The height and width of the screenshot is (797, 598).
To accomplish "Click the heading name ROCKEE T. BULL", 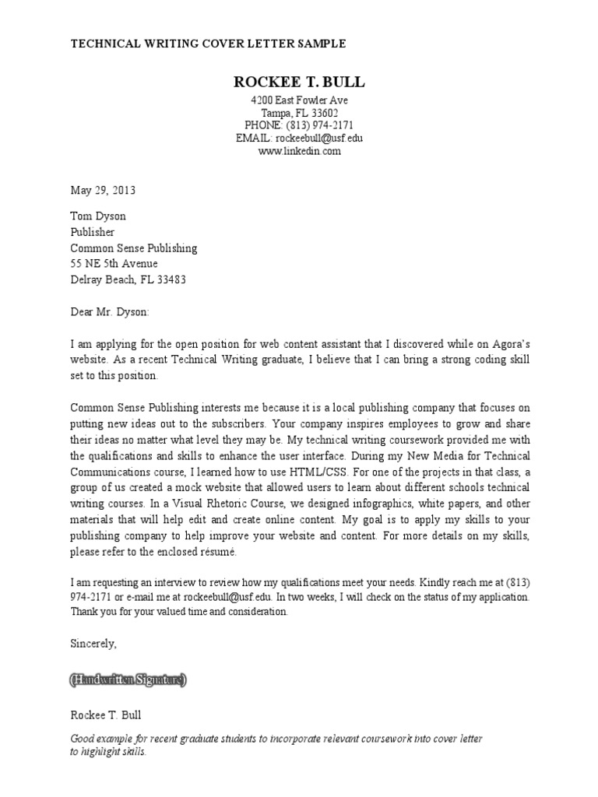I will [x=299, y=83].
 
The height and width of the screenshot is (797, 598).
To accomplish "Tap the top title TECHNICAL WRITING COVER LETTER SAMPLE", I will [x=209, y=44].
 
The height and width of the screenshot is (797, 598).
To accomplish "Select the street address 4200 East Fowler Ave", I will [x=299, y=100].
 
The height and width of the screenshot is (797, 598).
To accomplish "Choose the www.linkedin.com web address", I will [x=299, y=151].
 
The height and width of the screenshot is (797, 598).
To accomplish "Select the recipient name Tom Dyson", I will [x=98, y=216].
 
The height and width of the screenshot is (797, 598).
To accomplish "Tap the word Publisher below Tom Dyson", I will [x=93, y=232].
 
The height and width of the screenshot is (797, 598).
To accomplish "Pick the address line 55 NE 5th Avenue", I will [x=114, y=264].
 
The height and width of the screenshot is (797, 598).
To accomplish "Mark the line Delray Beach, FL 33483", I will [x=128, y=279].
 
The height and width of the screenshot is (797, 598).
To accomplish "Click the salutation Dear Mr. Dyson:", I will [x=108, y=312].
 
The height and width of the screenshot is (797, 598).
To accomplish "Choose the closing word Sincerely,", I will [x=93, y=644].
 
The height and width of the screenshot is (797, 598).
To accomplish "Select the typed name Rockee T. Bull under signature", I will [x=106, y=714].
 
